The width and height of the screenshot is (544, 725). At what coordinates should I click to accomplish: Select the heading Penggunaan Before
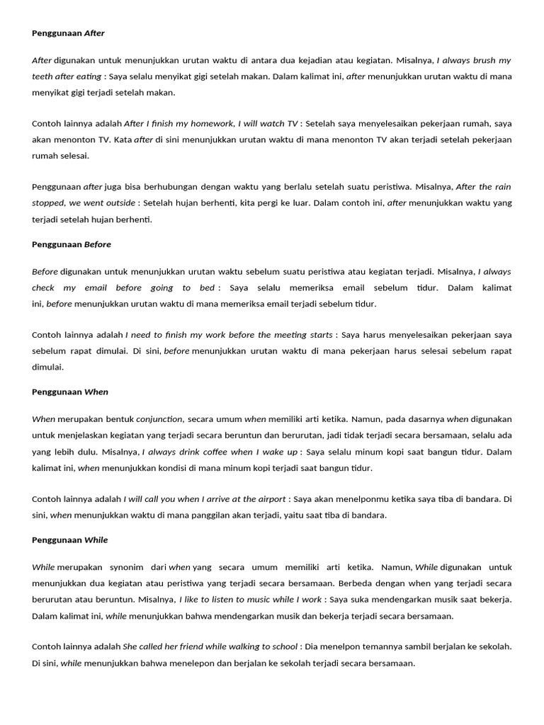coord(72,244)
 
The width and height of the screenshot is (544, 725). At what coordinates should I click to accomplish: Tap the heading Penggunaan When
coord(70,392)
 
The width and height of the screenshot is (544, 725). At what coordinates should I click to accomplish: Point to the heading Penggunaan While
coord(70,540)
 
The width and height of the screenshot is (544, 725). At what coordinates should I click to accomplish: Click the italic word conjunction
coord(159,419)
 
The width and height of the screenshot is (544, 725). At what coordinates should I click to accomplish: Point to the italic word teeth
coord(42,76)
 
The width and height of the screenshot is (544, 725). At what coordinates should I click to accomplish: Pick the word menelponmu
coord(388,499)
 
